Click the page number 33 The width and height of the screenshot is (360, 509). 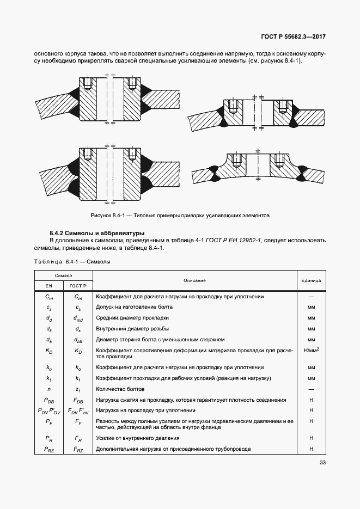(x=322, y=463)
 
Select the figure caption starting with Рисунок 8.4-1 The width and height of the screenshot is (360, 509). (x=180, y=215)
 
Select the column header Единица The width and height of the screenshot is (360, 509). (x=311, y=280)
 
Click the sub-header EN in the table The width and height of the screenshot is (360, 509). (x=48, y=286)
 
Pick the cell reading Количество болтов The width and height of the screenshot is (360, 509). (x=120, y=389)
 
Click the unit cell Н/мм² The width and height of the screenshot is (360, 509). (x=311, y=351)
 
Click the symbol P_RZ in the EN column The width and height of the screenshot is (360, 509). (x=48, y=449)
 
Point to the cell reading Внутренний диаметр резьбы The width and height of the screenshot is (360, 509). (x=132, y=329)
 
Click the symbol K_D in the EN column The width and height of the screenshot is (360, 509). (x=48, y=351)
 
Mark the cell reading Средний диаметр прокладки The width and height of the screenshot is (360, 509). (x=132, y=318)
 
